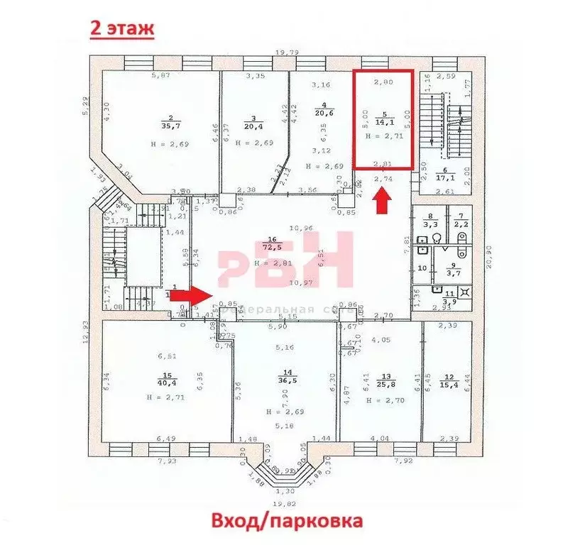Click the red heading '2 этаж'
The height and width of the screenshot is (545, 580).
click(x=119, y=28)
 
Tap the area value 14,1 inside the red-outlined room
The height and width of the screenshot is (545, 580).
click(x=385, y=121)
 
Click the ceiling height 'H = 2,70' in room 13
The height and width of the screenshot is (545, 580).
click(x=384, y=400)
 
